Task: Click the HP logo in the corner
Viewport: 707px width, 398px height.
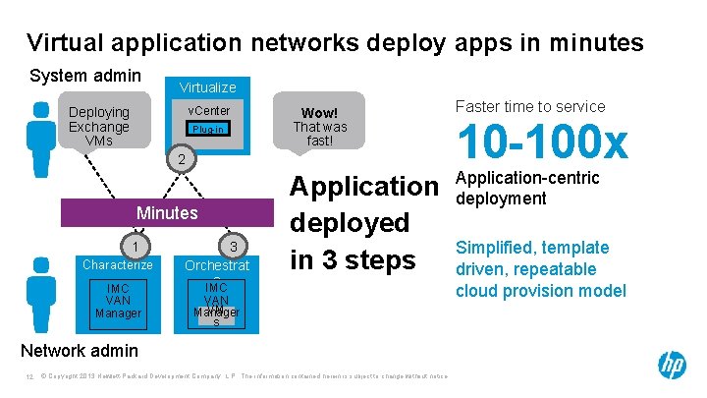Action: [x=672, y=366]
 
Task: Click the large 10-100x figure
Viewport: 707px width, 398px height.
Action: [x=541, y=144]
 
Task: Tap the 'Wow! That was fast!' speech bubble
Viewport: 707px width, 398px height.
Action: [x=320, y=120]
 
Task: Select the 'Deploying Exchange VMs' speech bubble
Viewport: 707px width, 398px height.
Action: [x=99, y=126]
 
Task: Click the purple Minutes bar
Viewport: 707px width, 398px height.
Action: [x=167, y=213]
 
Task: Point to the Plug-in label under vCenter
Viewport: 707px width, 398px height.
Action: [x=209, y=129]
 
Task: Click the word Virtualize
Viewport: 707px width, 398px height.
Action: [x=207, y=87]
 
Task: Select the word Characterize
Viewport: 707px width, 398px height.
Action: [x=118, y=264]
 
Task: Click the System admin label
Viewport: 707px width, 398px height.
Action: [x=85, y=76]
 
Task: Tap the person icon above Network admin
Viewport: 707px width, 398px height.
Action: [x=41, y=292]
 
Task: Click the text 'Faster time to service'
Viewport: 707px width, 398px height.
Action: [x=530, y=106]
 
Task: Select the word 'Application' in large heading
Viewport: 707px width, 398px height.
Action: [x=363, y=186]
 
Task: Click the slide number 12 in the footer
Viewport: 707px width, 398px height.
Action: [x=30, y=375]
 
